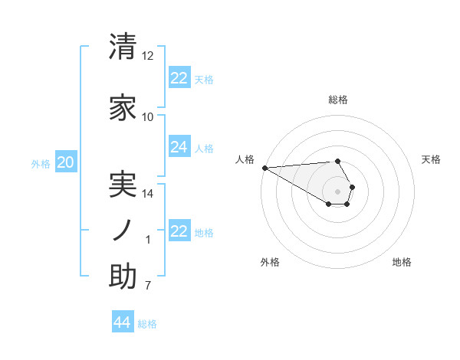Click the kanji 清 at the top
(x=123, y=47)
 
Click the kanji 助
(x=123, y=277)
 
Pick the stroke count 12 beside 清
(x=148, y=56)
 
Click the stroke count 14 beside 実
(x=148, y=194)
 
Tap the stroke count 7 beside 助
(x=148, y=286)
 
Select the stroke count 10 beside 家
(x=148, y=117)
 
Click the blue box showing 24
(x=179, y=147)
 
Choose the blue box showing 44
(x=123, y=322)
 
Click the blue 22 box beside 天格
(x=179, y=78)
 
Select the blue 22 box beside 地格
(x=179, y=231)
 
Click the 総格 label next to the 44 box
(x=147, y=324)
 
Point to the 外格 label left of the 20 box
(x=41, y=163)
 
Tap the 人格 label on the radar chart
(x=245, y=159)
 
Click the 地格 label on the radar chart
(x=402, y=262)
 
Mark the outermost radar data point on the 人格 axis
(x=264, y=168)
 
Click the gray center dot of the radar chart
(x=337, y=191)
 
